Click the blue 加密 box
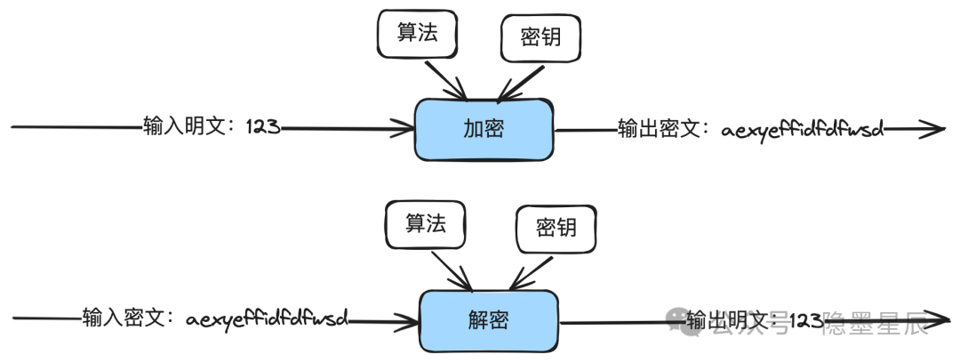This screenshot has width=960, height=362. pos(484,129)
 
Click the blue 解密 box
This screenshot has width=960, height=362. pos(489,318)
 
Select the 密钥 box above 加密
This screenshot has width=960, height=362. pos(541,38)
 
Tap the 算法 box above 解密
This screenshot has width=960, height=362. pos(426,223)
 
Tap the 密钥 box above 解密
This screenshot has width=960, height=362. pos(556,227)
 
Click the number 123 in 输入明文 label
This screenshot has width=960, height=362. pos(263,127)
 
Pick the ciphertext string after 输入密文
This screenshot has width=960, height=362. pos(267,317)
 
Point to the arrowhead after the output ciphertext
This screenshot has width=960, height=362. pos(933,130)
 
